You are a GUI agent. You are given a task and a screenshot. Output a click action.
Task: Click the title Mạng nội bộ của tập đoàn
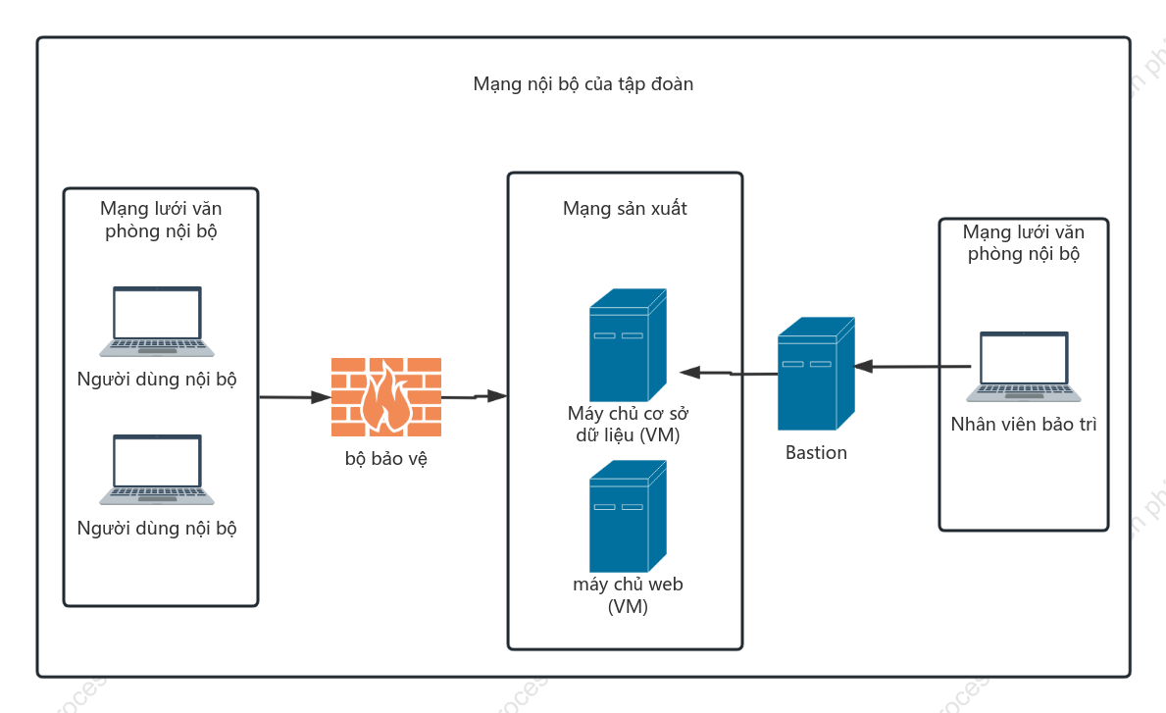tap(583, 84)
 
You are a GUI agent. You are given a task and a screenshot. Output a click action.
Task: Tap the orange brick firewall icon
tap(386, 397)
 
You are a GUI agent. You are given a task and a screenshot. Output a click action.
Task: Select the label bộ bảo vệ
tap(386, 459)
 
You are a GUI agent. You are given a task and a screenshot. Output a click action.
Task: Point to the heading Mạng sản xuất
tap(625, 209)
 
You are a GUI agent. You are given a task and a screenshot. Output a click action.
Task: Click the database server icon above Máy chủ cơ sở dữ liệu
tap(628, 345)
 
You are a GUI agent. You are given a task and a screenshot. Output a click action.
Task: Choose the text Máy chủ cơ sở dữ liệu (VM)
tap(628, 425)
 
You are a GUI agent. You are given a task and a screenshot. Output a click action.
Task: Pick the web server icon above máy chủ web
tap(628, 516)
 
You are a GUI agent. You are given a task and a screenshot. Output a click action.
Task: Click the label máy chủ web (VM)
tap(628, 595)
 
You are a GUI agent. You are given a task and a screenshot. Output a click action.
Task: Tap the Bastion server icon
tap(816, 374)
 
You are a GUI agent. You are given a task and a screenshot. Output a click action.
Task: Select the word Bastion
tap(816, 453)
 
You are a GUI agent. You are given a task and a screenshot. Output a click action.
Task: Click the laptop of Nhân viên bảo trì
tap(1023, 367)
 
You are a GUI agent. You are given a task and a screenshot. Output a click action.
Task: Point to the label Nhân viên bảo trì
tap(1023, 425)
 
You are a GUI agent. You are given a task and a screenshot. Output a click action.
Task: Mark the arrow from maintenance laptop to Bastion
tap(912, 366)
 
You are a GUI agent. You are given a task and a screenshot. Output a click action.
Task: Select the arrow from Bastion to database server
tap(729, 373)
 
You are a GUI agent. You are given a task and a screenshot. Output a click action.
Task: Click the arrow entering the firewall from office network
tap(295, 397)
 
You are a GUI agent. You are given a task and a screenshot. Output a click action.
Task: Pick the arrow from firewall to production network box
tap(475, 396)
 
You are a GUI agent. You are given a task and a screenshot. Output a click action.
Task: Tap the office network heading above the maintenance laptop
tap(1023, 243)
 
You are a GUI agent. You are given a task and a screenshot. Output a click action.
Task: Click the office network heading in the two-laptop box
tap(161, 220)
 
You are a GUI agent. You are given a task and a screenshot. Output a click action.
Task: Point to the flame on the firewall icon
tap(386, 397)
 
